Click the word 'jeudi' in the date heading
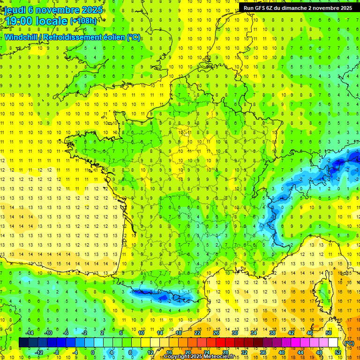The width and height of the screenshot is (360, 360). pyautogui.click(x=15, y=10)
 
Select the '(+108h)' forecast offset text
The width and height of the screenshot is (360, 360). pyautogui.click(x=83, y=21)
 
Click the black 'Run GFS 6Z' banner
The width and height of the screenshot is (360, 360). pyautogui.click(x=299, y=7)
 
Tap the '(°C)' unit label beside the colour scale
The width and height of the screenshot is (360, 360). pyautogui.click(x=349, y=343)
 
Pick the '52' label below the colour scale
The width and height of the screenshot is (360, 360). pyautogui.click(x=338, y=352)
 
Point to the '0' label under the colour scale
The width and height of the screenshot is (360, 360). pyautogui.click(x=93, y=352)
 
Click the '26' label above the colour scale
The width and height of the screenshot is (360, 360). pyautogui.click(x=216, y=333)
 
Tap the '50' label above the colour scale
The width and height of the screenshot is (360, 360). pyautogui.click(x=329, y=333)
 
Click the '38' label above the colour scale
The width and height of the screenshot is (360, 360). pyautogui.click(x=272, y=333)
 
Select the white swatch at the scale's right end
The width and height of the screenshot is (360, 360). pyautogui.click(x=333, y=343)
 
